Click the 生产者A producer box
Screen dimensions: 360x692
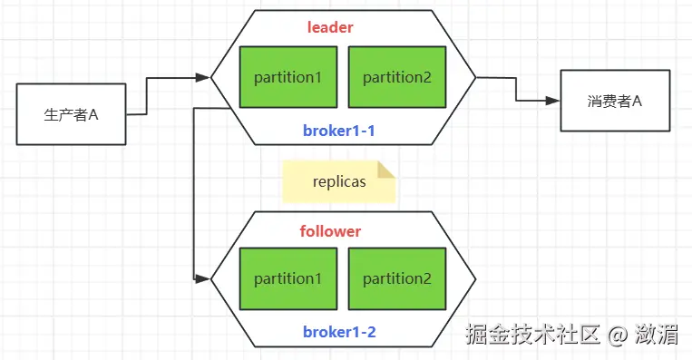[71, 115]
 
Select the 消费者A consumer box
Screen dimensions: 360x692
[615, 101]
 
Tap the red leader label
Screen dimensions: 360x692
[330, 27]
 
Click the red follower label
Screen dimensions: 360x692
[330, 231]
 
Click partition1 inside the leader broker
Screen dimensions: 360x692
[288, 77]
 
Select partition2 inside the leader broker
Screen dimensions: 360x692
[396, 77]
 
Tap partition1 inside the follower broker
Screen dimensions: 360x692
[288, 278]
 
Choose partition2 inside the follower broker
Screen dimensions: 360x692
[396, 278]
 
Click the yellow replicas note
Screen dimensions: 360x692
[338, 181]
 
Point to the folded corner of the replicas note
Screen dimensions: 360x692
[387, 169]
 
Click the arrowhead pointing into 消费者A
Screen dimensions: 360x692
[553, 101]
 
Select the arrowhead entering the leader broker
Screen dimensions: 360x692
[205, 78]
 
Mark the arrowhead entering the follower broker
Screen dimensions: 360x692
[205, 278]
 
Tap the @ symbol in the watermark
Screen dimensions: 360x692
[618, 335]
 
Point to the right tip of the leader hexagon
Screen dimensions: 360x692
[476, 77]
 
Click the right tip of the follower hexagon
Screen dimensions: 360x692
[476, 278]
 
